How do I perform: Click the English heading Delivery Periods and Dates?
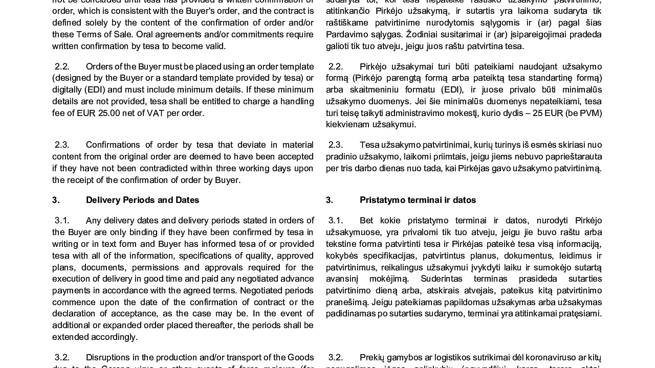tap(142, 200)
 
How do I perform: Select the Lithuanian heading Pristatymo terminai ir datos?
tap(418, 200)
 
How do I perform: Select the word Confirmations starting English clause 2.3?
tap(117, 145)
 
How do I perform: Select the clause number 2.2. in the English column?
tap(62, 66)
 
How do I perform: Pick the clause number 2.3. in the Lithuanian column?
tap(336, 145)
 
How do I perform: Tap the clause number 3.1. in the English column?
tap(62, 220)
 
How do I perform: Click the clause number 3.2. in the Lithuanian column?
tap(336, 357)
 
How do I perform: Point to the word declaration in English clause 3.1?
tap(73, 314)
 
